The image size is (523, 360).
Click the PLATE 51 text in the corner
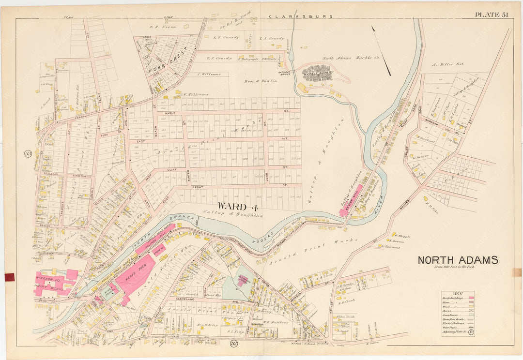point(491,15)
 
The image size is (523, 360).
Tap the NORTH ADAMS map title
point(458,260)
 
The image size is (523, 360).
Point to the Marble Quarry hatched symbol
point(317,73)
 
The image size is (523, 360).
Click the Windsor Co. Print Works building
point(53,283)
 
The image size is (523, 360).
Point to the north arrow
point(381,50)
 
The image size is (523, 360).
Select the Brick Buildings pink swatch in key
point(471,298)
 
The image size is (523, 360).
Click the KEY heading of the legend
point(458,293)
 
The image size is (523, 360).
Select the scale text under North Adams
point(458,268)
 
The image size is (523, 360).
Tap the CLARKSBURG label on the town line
point(301,16)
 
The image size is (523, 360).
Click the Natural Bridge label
point(287,72)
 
